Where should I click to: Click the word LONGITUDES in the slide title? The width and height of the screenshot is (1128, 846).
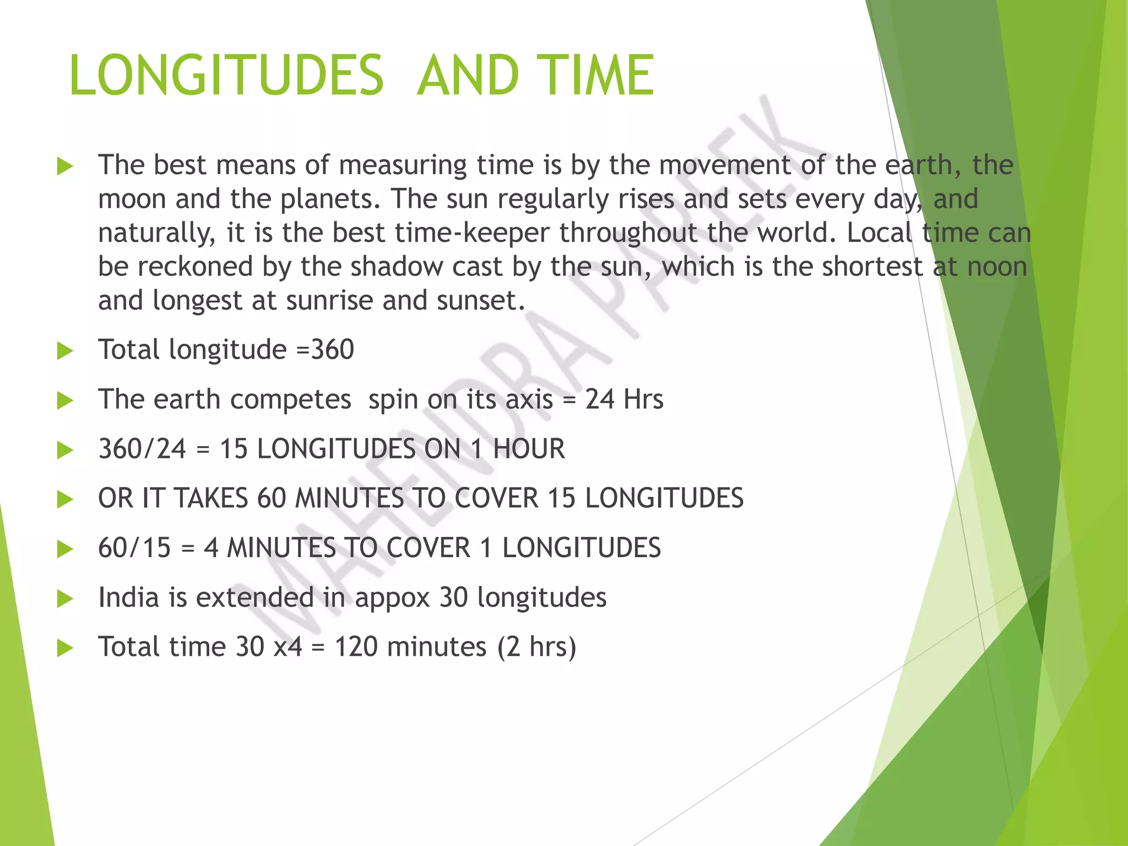pos(226,75)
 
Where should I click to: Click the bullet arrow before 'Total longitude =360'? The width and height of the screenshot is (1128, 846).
pos(65,351)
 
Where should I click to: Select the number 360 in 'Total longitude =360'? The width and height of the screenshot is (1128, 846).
pos(333,350)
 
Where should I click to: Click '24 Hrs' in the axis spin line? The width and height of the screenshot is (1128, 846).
pos(624,399)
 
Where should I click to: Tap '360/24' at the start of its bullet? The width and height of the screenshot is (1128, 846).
pos(142,449)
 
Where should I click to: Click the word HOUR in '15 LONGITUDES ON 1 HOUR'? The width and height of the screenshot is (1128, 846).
pos(529,449)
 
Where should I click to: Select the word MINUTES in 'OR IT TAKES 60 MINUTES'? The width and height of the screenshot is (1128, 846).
pos(349,498)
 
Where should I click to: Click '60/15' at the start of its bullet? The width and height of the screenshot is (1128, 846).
pos(134,548)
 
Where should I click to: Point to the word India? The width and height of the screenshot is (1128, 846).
pos(129,598)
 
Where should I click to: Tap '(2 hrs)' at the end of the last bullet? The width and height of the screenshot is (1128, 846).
pos(536,647)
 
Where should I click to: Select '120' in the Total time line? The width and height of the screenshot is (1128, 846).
pos(356,647)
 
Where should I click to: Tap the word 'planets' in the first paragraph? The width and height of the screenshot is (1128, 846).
pos(329,199)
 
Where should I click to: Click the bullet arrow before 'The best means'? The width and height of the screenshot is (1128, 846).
pos(65,166)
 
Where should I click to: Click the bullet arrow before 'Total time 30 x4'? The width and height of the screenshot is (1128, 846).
pos(65,648)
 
